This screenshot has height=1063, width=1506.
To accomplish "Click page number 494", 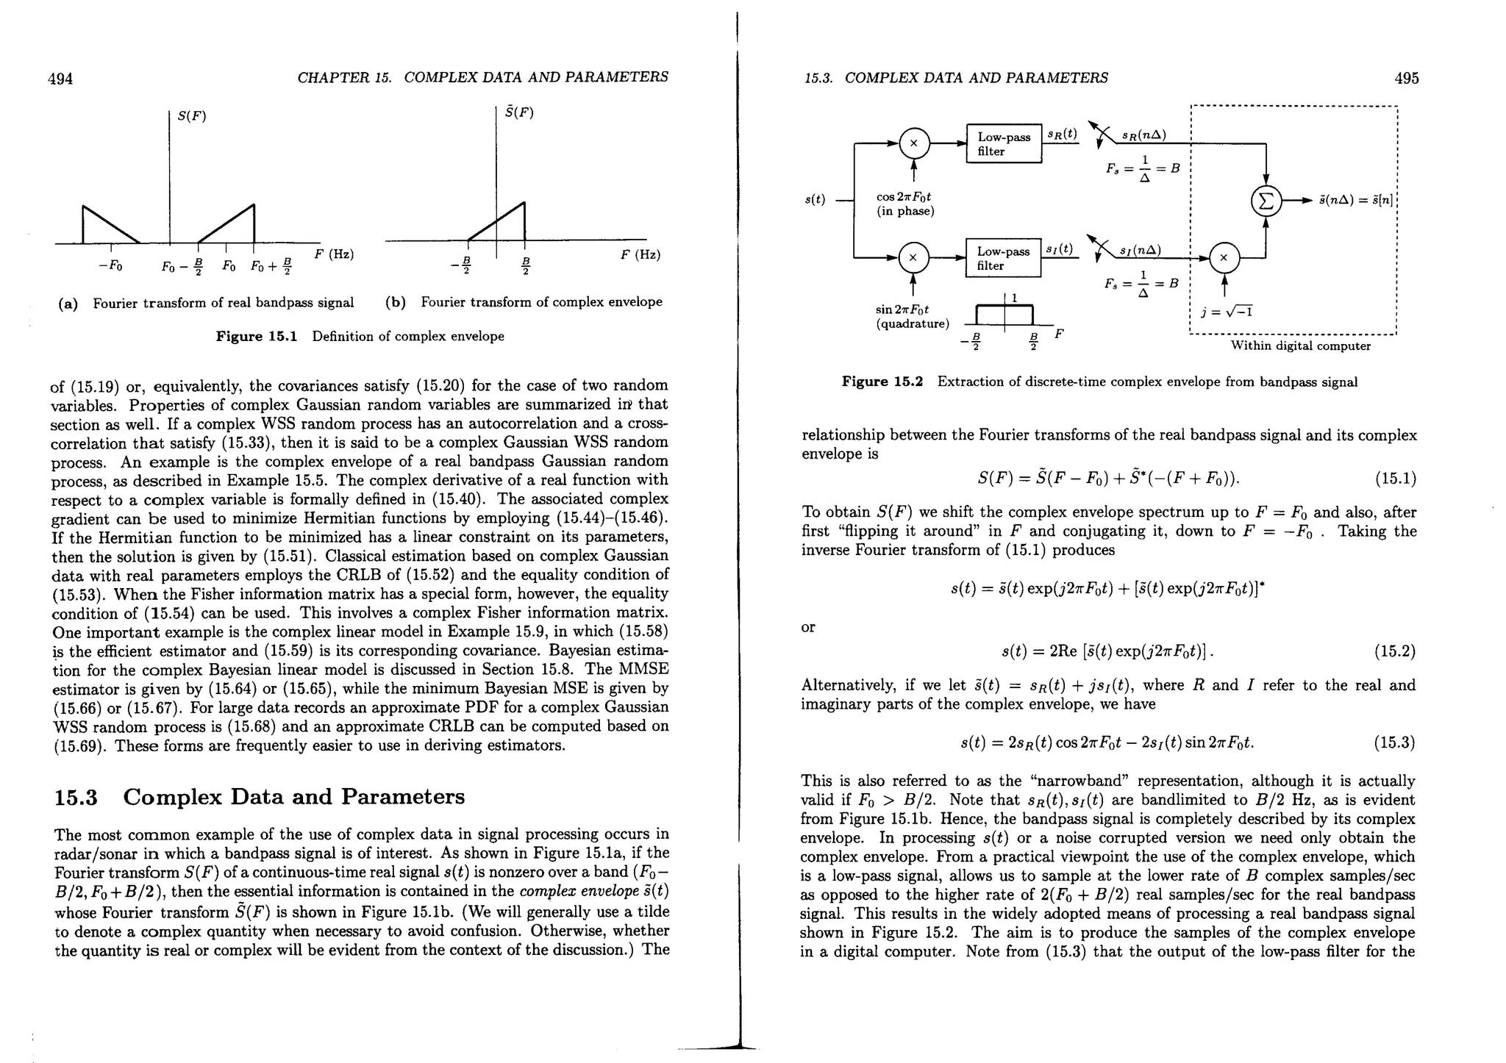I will point(60,79).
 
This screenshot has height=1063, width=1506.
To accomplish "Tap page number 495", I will point(1406,79).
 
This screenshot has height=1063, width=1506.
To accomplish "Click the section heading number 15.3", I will point(76,797).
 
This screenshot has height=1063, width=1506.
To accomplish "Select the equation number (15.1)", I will point(1395,479).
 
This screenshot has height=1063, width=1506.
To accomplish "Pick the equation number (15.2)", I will point(1395,652).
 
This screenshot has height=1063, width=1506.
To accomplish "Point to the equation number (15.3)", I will point(1395,743).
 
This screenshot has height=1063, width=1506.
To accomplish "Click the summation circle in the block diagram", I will point(1266,200).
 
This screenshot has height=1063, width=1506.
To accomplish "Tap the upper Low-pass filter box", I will point(1004,144).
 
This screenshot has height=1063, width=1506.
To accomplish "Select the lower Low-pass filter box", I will point(1004,258).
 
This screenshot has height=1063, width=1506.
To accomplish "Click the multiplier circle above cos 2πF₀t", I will point(913,144).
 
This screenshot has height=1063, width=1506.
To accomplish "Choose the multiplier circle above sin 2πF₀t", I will point(913,258).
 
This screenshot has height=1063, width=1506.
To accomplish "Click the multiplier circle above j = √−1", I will point(1224,258).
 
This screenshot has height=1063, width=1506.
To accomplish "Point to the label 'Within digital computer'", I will point(1301,346).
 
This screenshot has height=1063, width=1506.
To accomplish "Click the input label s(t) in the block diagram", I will point(815,199).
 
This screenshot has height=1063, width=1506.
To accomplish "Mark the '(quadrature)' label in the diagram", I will point(913,323).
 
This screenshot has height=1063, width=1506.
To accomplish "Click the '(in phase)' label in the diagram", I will point(905,212).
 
